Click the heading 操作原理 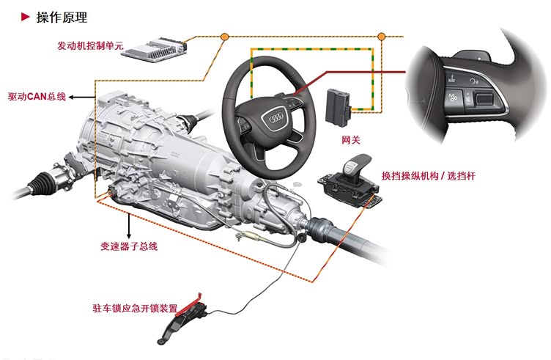(62, 17)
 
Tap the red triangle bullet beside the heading (26, 17)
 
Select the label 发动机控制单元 (90, 45)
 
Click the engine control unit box (155, 50)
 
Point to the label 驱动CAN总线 (37, 96)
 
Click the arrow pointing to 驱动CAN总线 (82, 97)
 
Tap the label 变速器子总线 (129, 246)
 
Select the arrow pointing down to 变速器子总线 (129, 225)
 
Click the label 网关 (351, 140)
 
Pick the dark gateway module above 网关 (338, 107)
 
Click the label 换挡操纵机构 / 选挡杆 (429, 176)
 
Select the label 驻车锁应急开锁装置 (135, 309)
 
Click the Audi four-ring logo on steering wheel (276, 118)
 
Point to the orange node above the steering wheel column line (381, 36)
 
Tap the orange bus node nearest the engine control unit (224, 36)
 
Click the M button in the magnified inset (452, 98)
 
